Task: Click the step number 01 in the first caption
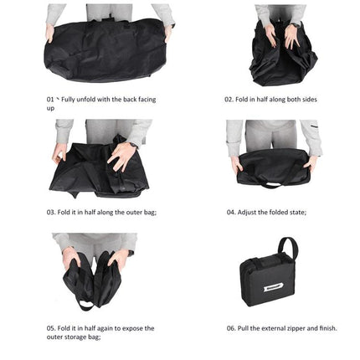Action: (x=49, y=99)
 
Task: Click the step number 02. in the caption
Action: (x=229, y=99)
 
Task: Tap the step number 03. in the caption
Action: (x=51, y=212)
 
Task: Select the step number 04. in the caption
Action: (x=231, y=212)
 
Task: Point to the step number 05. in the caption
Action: (x=50, y=328)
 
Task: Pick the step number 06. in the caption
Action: (x=231, y=328)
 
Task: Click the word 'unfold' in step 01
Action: (x=88, y=99)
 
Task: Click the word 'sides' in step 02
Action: (x=305, y=99)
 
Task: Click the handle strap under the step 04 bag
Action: (x=273, y=182)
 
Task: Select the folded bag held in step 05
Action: (x=97, y=280)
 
